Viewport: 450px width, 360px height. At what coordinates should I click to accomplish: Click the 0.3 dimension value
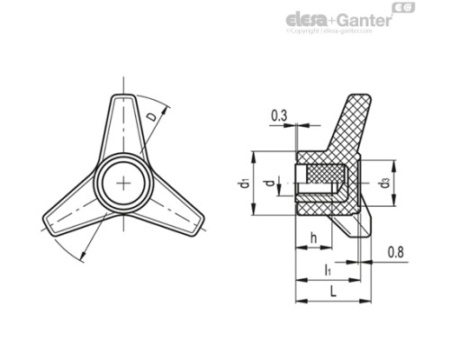click(279, 114)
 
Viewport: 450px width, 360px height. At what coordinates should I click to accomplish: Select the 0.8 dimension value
click(397, 254)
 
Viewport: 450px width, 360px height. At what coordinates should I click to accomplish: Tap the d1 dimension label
click(244, 183)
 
